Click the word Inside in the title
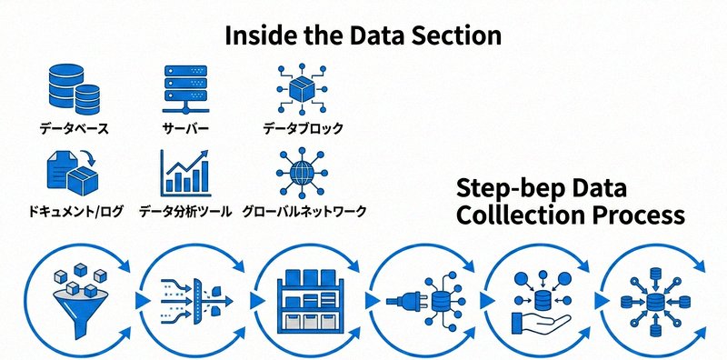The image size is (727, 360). click(x=259, y=35)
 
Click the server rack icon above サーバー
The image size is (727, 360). click(x=184, y=89)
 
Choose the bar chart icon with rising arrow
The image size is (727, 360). click(x=185, y=173)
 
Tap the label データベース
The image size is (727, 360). click(x=74, y=129)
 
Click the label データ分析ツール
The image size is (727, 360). click(x=185, y=212)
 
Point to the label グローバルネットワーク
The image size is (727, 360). click(x=304, y=212)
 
